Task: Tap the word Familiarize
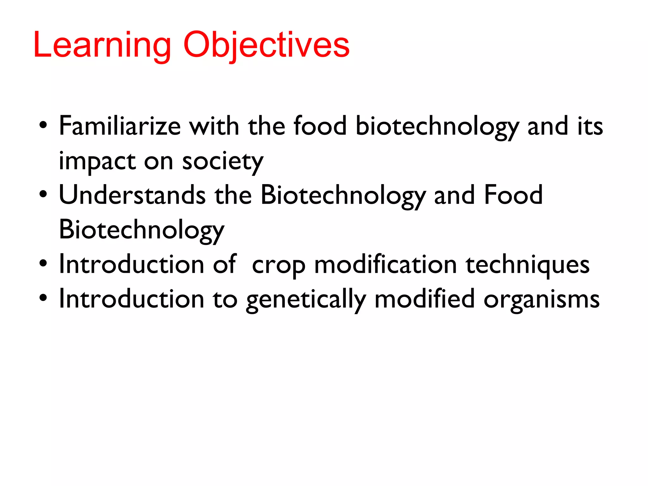[120, 126]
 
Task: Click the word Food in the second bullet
[513, 195]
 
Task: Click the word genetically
[306, 299]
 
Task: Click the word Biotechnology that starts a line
[141, 230]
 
